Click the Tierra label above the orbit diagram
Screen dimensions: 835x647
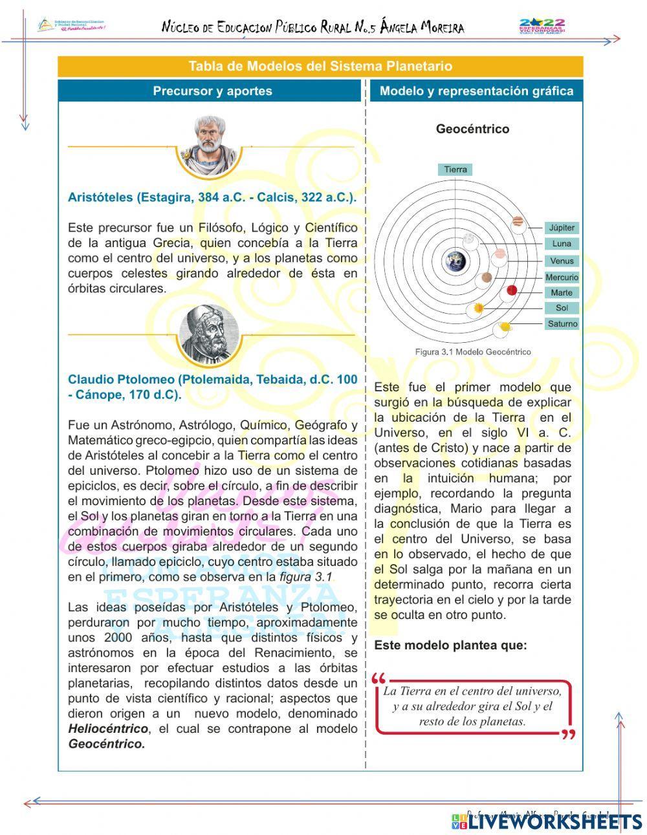tap(455, 169)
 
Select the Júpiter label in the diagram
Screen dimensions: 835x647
tap(561, 228)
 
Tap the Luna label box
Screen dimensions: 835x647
tap(561, 244)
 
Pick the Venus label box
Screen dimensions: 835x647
tap(561, 261)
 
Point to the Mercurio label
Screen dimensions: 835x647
tap(561, 277)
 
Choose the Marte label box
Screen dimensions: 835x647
tap(561, 292)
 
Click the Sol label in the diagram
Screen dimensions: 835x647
tap(561, 308)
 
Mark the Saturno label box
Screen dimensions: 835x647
tap(561, 323)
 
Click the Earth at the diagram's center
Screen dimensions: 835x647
tap(455, 261)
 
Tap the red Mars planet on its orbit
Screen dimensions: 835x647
tap(512, 290)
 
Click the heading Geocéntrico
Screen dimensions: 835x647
tap(472, 129)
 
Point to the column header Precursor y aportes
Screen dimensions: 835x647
tap(212, 91)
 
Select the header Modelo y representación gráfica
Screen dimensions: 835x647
tap(476, 91)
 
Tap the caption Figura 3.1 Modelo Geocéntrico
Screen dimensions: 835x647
tap(472, 352)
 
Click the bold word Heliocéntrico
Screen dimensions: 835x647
tap(108, 729)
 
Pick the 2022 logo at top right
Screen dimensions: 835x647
tap(542, 27)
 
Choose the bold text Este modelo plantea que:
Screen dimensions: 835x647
tap(450, 645)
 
